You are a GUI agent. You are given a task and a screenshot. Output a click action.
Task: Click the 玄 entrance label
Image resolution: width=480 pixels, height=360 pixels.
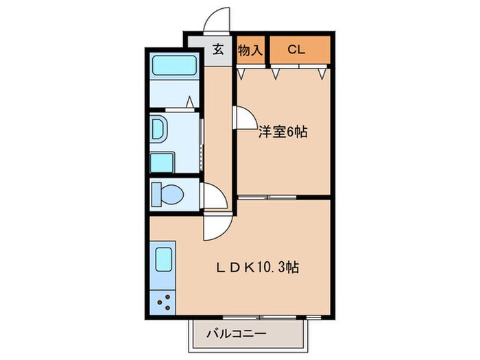218,49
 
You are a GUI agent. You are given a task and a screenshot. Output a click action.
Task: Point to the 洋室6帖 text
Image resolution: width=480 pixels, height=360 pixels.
282,132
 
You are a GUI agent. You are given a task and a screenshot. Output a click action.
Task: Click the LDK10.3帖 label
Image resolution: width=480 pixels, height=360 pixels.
257,266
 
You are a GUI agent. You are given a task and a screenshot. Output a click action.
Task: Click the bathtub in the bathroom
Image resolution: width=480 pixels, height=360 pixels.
174,66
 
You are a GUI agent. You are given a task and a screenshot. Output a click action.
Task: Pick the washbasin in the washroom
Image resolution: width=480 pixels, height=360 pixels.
158,128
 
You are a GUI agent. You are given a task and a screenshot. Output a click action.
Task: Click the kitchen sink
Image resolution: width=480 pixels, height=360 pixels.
164,261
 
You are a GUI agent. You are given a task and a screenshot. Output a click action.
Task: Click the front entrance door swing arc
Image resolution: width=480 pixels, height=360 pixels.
218,19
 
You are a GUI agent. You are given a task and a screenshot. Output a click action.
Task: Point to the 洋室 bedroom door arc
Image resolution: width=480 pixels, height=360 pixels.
242,117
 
